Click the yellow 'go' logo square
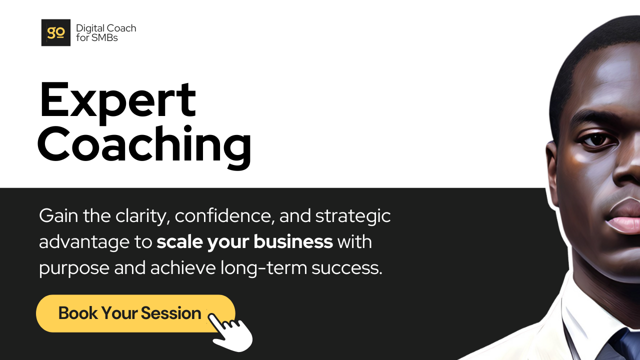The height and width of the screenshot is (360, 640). (55, 32)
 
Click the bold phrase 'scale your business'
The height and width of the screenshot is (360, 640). (244, 242)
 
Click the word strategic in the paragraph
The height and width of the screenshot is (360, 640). (353, 216)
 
